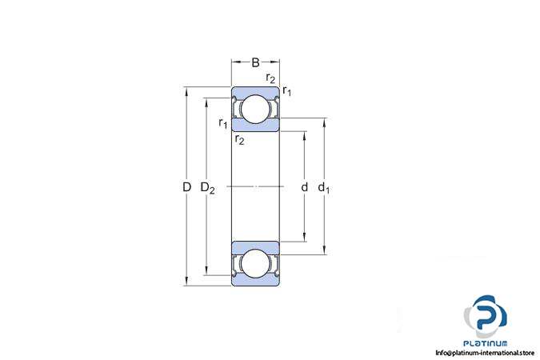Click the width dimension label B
tap(255, 62)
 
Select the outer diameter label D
tap(186, 187)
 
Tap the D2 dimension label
tap(208, 188)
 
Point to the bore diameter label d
tap(305, 187)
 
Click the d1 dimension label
tap(324, 188)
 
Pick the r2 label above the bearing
tap(270, 78)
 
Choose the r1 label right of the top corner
tap(287, 91)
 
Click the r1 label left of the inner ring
tap(223, 123)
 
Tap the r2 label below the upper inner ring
tap(240, 139)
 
